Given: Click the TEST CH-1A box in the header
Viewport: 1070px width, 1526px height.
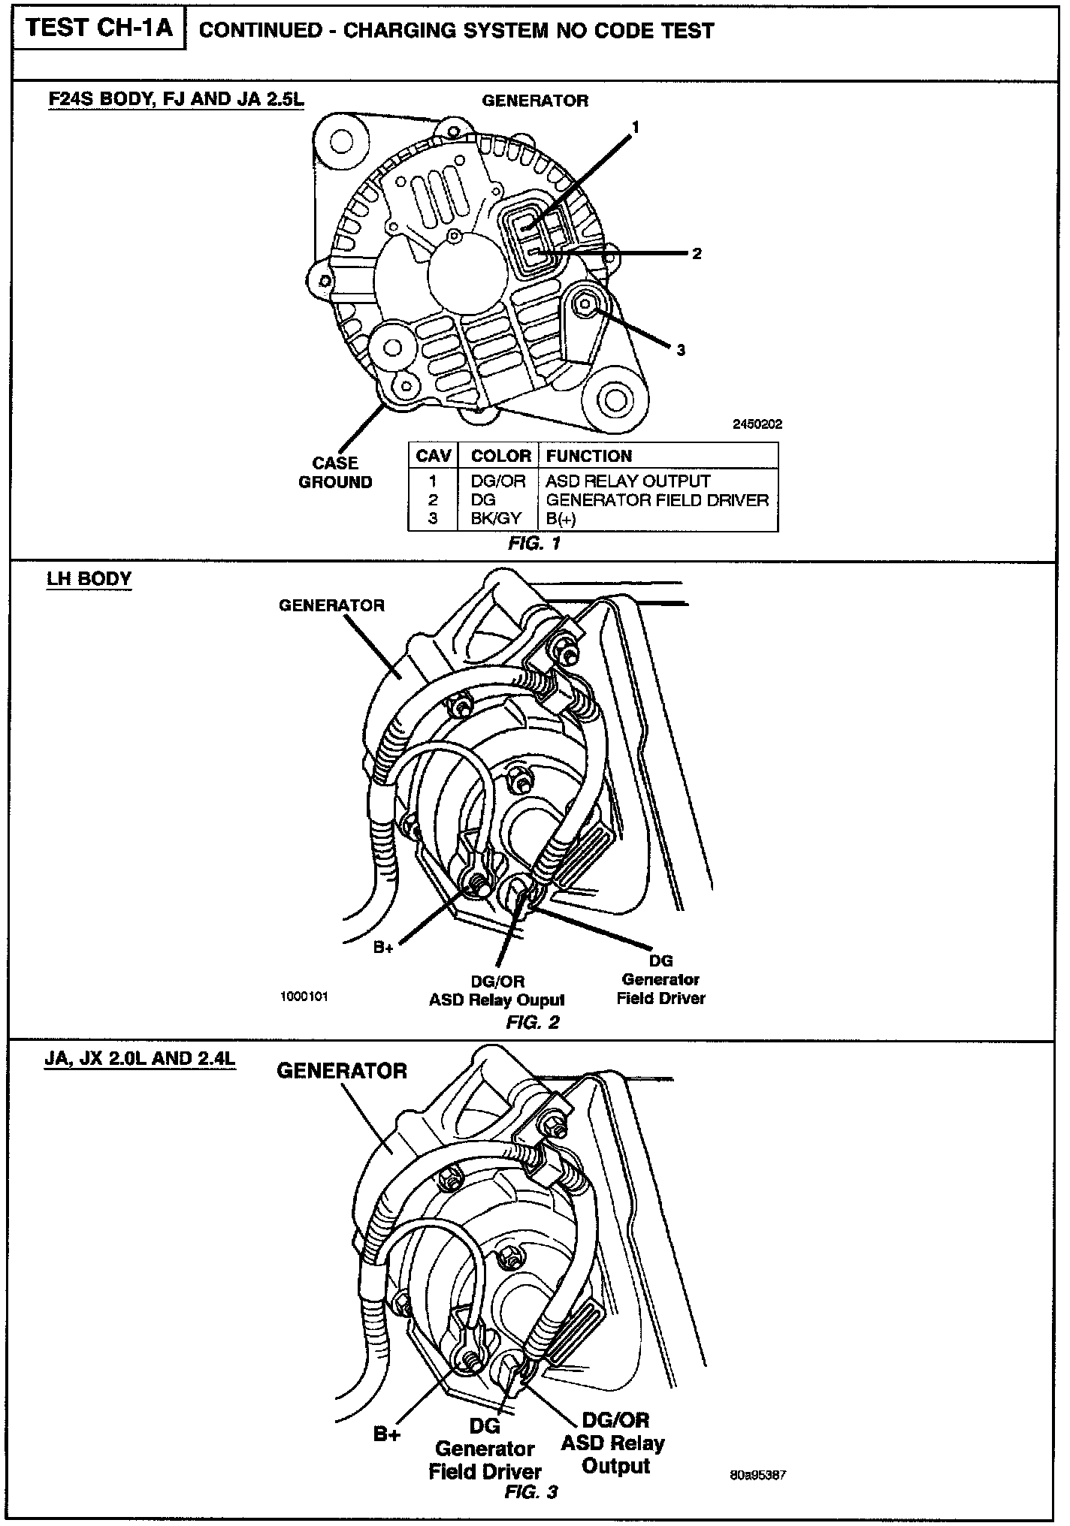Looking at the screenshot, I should coord(99,29).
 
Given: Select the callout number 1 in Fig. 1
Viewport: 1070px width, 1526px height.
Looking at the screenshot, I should coord(636,128).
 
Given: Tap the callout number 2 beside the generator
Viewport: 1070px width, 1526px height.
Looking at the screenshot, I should coord(697,254).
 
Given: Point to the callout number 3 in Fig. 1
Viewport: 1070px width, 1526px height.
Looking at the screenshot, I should coord(681,350).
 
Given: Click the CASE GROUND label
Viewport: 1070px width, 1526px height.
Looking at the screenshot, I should coord(335,472).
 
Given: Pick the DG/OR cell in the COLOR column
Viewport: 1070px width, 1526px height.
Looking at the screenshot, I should coord(498,481).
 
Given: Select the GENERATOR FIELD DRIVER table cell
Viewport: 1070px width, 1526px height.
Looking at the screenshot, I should coord(657,500).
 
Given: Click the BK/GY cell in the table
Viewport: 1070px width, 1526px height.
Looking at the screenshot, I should coord(498,519).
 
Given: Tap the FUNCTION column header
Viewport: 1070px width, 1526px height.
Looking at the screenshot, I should coord(589,456).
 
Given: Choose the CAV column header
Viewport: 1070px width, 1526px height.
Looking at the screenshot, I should coord(434,456).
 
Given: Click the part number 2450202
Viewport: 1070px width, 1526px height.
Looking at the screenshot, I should coord(757,424).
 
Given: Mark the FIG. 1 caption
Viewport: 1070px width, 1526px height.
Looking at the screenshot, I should coord(534,543).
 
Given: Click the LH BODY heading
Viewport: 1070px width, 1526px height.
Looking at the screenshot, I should coord(89,579).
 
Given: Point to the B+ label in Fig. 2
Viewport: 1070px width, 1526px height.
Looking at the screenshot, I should coord(384,948).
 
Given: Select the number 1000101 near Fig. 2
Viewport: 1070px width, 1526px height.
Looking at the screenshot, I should coord(304,997).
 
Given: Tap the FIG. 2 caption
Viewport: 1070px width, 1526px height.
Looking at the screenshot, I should coord(533,1022).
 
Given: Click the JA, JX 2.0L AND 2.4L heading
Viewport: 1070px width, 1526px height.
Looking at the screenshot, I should coord(141,1059).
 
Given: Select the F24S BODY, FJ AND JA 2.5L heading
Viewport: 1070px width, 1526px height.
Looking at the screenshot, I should coord(176,98).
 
